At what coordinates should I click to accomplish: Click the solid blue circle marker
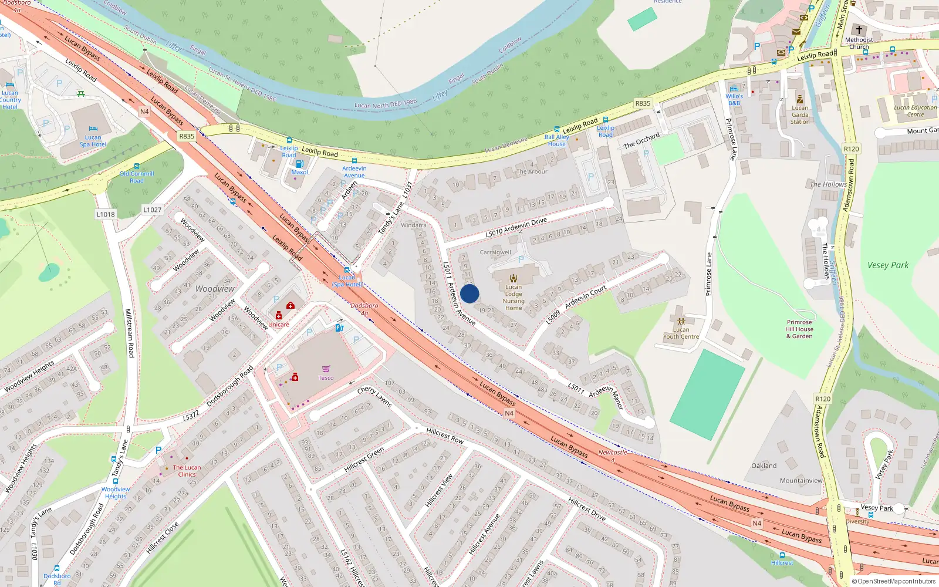(x=469, y=293)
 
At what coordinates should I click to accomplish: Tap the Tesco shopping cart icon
(x=326, y=369)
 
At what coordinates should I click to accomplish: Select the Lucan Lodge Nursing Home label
(x=514, y=298)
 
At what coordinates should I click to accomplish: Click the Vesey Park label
(x=887, y=265)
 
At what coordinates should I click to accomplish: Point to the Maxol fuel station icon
(x=299, y=164)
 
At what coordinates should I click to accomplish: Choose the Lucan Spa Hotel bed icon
(x=93, y=129)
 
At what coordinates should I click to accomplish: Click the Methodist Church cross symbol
(x=859, y=30)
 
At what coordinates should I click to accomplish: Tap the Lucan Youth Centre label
(x=681, y=333)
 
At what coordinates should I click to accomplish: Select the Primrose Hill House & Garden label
(x=799, y=329)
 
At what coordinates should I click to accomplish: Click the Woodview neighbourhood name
(x=215, y=289)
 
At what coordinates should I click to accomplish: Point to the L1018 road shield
(x=106, y=214)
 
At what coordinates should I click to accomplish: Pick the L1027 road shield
(x=152, y=210)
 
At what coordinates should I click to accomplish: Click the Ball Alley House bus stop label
(x=556, y=140)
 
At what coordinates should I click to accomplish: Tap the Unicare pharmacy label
(x=279, y=325)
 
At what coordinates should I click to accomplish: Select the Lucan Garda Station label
(x=800, y=114)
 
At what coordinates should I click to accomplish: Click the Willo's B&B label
(x=734, y=99)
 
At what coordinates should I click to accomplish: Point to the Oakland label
(x=764, y=465)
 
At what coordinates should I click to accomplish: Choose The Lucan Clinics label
(x=187, y=471)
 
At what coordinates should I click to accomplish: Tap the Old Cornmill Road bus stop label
(x=137, y=177)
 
